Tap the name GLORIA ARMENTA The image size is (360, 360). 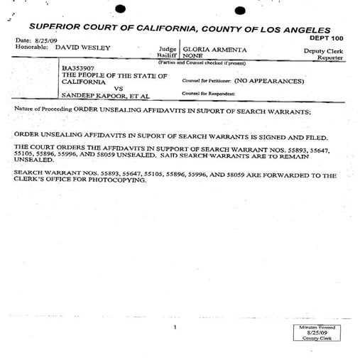click(215, 49)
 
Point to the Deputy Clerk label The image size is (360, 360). click(323, 50)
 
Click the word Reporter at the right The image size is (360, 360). click(330, 58)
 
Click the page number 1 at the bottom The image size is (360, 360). click(173, 327)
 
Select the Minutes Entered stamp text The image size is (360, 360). click(317, 326)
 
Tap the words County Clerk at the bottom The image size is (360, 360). click(317, 339)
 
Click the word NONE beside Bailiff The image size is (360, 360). click(193, 55)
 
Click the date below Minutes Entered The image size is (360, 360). click(317, 332)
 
